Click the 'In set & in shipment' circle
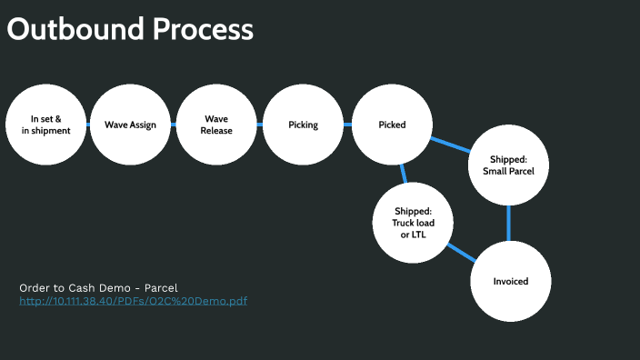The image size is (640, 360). coord(45,125)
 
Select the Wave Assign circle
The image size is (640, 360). coord(130,125)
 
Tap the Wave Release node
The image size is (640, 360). coord(216,125)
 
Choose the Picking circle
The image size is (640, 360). coord(303,125)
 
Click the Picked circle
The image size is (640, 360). coord(392,125)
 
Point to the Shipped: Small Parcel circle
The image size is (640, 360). coord(508,165)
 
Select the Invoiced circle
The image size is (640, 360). coord(510,281)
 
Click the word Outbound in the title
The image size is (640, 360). coord(63,29)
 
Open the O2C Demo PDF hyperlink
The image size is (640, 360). coord(133,301)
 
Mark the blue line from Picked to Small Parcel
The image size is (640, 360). coord(449,145)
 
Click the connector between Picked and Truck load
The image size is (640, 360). coord(403,173)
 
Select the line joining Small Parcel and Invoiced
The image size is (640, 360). coord(509,223)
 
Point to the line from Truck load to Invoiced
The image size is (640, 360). coord(462,252)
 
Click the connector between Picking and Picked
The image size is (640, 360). coord(347,125)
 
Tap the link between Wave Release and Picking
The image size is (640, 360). coord(259,125)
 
